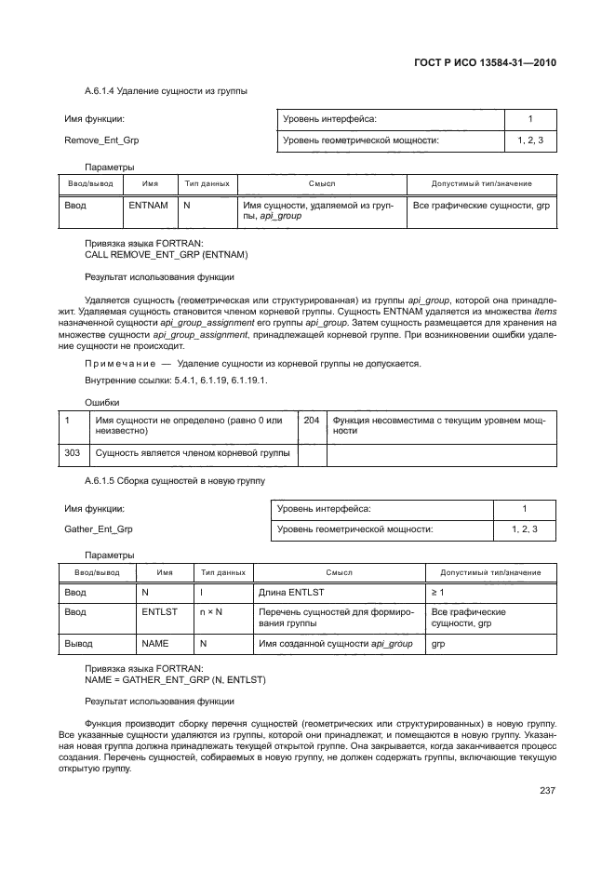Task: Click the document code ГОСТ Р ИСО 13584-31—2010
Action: pos(489,64)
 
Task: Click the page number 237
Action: pos(547,791)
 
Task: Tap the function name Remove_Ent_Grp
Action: pos(101,141)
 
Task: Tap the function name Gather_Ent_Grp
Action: pos(99,529)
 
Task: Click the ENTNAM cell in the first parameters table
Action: pos(148,205)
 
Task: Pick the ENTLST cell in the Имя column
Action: pos(159,612)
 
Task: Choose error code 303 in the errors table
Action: pos(72,453)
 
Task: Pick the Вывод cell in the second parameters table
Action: pos(78,643)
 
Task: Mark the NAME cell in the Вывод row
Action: pos(154,643)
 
